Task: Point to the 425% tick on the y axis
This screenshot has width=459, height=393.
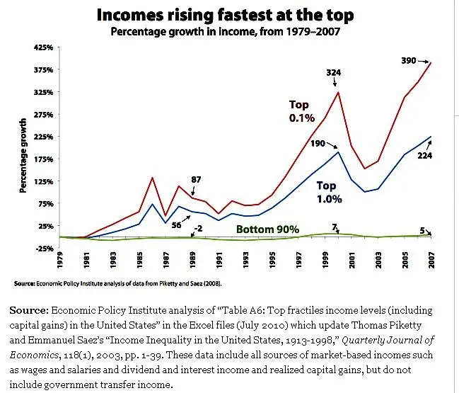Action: [44, 47]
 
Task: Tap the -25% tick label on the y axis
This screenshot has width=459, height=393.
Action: [44, 249]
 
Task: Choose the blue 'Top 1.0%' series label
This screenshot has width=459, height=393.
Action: [329, 193]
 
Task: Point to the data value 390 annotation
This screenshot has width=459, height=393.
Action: [409, 61]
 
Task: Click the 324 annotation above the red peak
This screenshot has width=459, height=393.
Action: [335, 72]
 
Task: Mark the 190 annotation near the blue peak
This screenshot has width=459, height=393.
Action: [316, 144]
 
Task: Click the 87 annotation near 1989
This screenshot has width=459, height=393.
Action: [194, 178]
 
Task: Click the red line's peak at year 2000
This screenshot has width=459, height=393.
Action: [339, 92]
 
